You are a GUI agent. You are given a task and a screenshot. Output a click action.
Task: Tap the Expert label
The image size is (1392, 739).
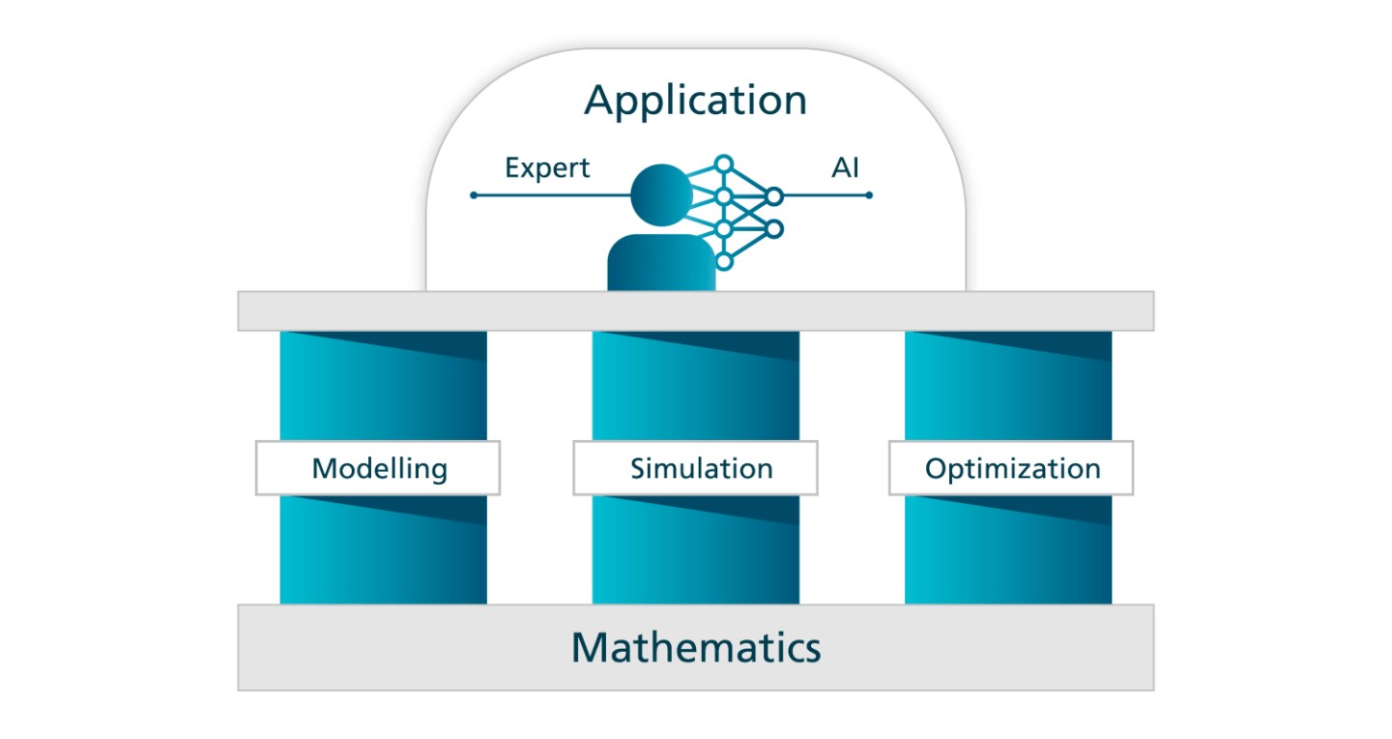click(x=547, y=168)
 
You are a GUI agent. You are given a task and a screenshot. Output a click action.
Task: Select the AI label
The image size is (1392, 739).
click(x=845, y=168)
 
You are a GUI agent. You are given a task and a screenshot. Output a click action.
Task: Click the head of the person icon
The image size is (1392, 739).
click(x=660, y=194)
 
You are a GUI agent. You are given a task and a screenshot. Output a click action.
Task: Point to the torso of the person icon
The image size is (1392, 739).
click(x=660, y=262)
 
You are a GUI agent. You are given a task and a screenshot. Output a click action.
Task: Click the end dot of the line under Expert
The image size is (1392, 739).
click(x=474, y=195)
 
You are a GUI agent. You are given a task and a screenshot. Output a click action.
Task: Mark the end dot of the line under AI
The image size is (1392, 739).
click(x=869, y=195)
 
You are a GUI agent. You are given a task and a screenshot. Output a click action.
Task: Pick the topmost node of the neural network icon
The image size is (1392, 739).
click(x=724, y=163)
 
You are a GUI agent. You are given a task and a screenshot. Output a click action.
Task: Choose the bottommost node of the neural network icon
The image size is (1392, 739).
click(x=724, y=261)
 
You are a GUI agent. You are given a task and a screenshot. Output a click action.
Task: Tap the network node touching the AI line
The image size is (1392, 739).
click(x=773, y=196)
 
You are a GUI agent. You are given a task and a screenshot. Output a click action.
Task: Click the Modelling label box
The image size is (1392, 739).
click(x=378, y=469)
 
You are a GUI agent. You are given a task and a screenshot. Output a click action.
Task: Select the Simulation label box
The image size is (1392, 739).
click(x=695, y=469)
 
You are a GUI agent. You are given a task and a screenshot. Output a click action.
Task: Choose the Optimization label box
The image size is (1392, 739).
click(x=1011, y=469)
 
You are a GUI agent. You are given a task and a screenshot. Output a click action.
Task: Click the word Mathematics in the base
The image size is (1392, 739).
click(x=695, y=646)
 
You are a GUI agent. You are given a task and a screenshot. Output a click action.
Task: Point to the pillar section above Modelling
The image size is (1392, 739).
click(x=383, y=387)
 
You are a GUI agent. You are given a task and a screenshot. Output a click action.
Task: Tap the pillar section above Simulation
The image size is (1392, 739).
click(x=695, y=387)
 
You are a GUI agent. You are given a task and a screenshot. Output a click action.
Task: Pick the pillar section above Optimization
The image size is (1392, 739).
click(x=1007, y=387)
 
